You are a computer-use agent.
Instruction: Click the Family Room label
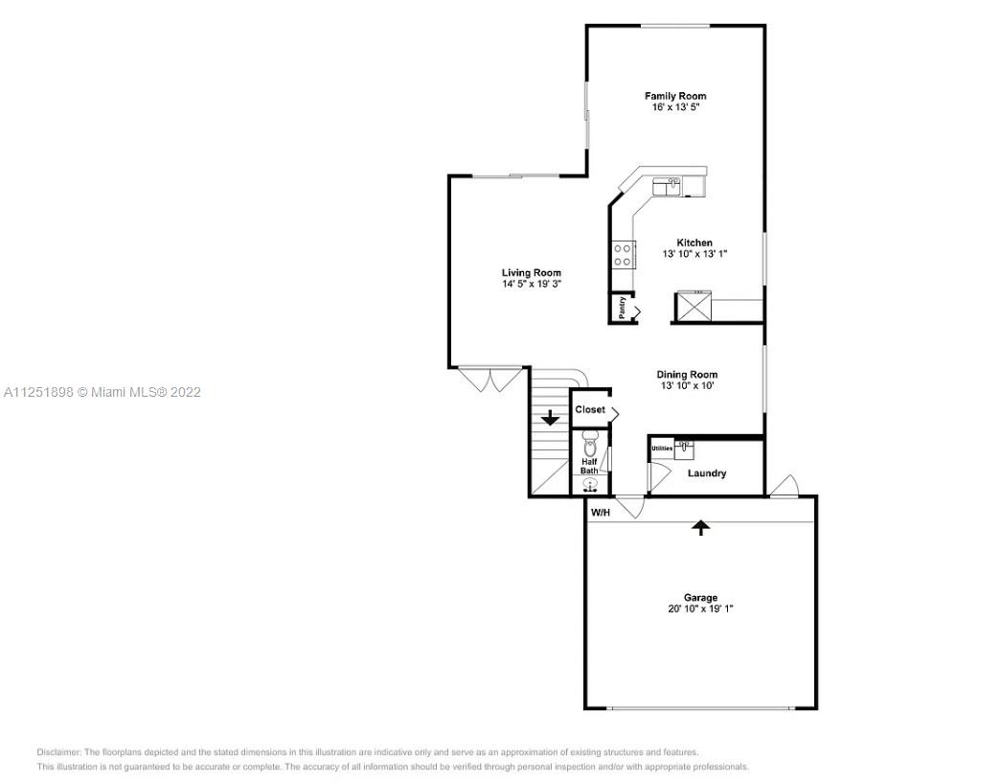pos(674,96)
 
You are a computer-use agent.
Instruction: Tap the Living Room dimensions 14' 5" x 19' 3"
pos(531,284)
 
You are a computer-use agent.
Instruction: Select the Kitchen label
pos(694,242)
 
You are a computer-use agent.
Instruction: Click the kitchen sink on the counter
pos(667,187)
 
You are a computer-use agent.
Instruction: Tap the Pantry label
pos(623,308)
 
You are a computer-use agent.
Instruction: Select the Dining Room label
pos(687,375)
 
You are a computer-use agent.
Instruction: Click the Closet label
pos(590,409)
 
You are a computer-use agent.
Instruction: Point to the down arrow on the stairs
pos(550,419)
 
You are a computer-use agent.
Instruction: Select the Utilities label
pos(662,449)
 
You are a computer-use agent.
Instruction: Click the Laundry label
pos(707,473)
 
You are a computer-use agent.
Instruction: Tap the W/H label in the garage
pos(601,512)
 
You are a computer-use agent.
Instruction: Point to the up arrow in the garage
pos(701,527)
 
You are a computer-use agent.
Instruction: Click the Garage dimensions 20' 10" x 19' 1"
pos(700,609)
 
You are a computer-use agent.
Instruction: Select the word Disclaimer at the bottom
pos(58,752)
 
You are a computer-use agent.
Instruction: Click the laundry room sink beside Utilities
pos(684,447)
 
